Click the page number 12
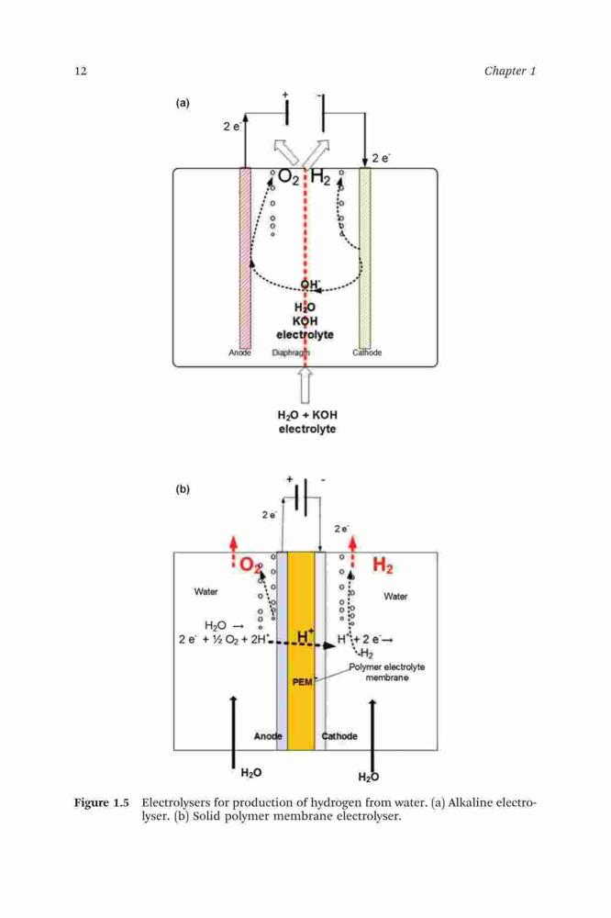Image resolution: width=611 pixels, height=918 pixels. (x=81, y=72)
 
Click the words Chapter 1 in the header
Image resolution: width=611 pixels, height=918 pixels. (x=510, y=72)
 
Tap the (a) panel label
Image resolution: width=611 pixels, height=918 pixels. (x=183, y=103)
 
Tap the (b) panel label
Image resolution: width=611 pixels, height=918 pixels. (x=183, y=489)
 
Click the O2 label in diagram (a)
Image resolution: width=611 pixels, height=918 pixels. (x=288, y=176)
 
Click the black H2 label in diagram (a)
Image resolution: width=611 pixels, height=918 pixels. (x=321, y=176)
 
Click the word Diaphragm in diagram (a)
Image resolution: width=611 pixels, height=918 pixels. (x=291, y=353)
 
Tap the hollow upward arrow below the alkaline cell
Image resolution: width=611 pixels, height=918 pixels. (x=305, y=386)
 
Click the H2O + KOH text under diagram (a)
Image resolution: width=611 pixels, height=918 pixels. (x=307, y=415)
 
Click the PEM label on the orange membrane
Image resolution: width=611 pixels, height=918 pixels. (x=302, y=682)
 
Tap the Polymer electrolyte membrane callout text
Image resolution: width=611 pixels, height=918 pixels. (x=387, y=672)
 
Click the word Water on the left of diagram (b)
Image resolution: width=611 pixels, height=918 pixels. (x=206, y=592)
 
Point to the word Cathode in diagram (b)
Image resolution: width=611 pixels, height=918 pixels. (x=339, y=736)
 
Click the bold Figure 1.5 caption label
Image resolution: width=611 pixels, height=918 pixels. (x=101, y=802)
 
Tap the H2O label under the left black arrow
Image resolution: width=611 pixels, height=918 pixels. (x=251, y=773)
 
